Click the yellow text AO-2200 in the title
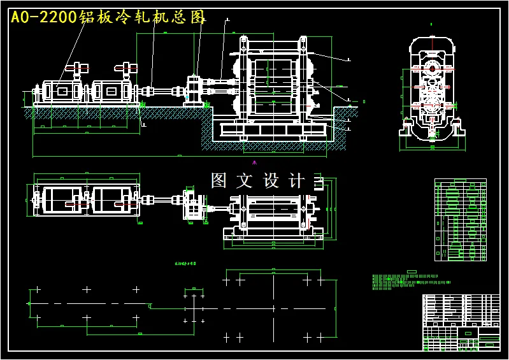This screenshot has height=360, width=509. coord(43,17)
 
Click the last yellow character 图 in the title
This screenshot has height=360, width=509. coord(199,17)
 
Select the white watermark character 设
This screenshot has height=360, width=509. coord(271,181)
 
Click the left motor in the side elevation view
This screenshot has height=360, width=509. coord(62,92)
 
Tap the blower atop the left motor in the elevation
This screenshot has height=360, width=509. coord(79,68)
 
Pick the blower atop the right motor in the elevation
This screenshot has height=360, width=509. coord(126,68)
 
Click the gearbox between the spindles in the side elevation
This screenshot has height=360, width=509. coord(194,90)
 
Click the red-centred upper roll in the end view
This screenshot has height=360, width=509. coord(433,68)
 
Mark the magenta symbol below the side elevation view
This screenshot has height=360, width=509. coord(254,162)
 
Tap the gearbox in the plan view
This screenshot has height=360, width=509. coord(193,205)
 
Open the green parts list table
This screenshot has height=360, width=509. coord(460,220)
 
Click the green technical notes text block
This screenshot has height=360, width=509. coord(408,281)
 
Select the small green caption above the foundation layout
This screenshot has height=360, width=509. coord(185,263)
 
